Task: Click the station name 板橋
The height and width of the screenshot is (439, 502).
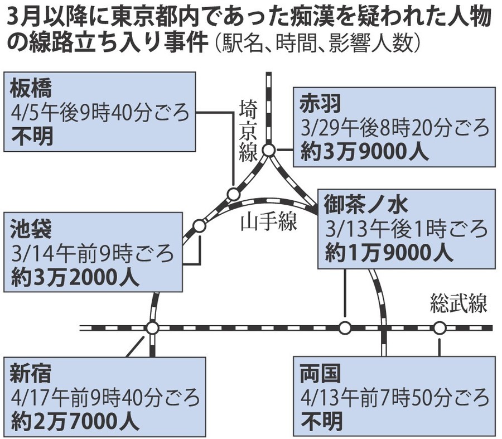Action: [x=31, y=89]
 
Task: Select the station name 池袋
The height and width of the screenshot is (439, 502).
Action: [x=31, y=229]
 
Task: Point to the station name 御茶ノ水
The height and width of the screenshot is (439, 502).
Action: [x=365, y=205]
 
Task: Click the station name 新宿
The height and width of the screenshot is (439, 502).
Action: [x=31, y=374]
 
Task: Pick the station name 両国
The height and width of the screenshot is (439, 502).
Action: [x=320, y=374]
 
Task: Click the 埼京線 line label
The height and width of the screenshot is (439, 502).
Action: [x=248, y=131]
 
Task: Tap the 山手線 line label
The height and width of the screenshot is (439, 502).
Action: [x=269, y=221]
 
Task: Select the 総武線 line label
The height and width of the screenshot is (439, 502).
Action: [x=459, y=303]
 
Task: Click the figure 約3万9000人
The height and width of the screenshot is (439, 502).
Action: [x=364, y=152]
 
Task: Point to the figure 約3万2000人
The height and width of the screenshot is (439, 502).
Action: [x=75, y=277]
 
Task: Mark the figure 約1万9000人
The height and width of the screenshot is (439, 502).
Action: [x=389, y=253]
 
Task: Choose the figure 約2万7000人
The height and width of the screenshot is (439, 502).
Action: [x=75, y=421]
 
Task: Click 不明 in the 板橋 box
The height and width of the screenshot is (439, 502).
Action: [x=32, y=136]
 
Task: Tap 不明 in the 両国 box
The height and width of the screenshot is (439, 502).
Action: [x=322, y=421]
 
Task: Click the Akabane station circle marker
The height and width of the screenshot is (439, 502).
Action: [x=269, y=150]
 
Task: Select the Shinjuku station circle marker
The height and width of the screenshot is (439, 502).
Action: [x=152, y=328]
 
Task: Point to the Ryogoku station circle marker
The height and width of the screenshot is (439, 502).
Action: [x=440, y=328]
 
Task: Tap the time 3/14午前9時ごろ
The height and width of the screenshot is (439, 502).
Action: [x=92, y=253]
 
